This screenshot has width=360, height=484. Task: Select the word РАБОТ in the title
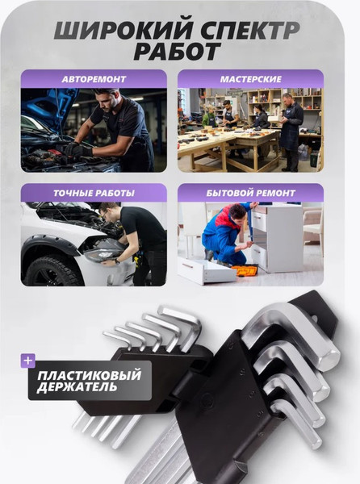point(180,52)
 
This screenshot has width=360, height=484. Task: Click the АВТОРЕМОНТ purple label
point(94,79)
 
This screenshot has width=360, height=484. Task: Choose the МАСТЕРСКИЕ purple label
point(250,79)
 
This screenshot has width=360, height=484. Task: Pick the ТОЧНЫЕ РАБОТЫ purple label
point(94,193)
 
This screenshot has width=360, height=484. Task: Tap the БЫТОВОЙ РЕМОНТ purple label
point(250,193)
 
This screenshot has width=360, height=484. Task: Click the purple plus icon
point(28,361)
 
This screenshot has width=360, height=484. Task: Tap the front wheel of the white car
point(50,269)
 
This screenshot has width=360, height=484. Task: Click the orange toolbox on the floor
point(245,270)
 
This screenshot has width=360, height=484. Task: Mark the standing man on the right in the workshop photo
point(291,129)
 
